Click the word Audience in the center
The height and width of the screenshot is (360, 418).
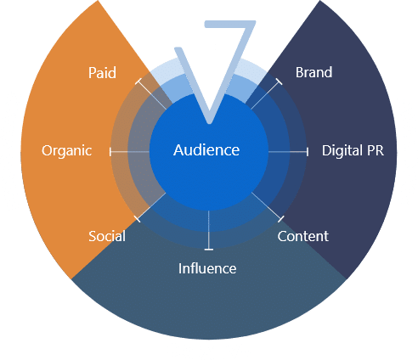pyautogui.click(x=206, y=150)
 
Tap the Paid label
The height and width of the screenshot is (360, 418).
pyautogui.click(x=102, y=73)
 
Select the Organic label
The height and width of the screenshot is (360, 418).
pyautogui.click(x=67, y=150)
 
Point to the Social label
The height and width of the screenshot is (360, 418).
pyautogui.click(x=107, y=236)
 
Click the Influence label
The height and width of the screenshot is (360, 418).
pyautogui.click(x=207, y=268)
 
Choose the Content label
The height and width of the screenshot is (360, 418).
pyautogui.click(x=303, y=236)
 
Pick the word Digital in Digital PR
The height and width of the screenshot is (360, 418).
pyautogui.click(x=342, y=150)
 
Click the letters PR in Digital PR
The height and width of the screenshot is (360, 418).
pyautogui.click(x=376, y=150)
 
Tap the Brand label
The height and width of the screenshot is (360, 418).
pyautogui.click(x=313, y=72)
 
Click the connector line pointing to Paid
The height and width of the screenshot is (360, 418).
pyautogui.click(x=151, y=94)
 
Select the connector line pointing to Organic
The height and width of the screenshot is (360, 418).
pyautogui.click(x=129, y=152)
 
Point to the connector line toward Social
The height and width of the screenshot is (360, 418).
pyautogui.click(x=151, y=207)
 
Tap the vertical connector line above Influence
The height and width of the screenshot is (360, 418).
pyautogui.click(x=209, y=230)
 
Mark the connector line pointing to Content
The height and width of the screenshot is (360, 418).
pyautogui.click(x=267, y=206)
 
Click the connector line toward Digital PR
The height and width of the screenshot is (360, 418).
pyautogui.click(x=288, y=152)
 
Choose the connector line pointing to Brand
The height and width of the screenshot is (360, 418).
pyautogui.click(x=266, y=95)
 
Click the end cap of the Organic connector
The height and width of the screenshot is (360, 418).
pyautogui.click(x=110, y=152)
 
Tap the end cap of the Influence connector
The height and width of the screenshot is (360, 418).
pyautogui.click(x=209, y=250)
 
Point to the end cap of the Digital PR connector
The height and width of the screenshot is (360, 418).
pyautogui.click(x=308, y=152)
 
